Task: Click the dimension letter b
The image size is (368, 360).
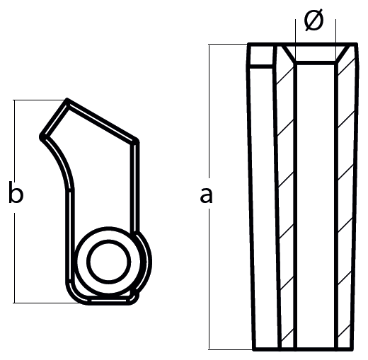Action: [x=16, y=192]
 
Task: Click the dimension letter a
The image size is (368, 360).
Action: [x=206, y=195]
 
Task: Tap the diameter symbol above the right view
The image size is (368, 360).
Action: [x=314, y=21]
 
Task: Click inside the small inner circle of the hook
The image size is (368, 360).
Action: [x=109, y=262]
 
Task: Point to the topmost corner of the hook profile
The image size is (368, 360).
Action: [x=67, y=100]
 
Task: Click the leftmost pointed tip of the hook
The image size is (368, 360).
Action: [x=40, y=137]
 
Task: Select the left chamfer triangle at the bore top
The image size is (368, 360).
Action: [x=288, y=53]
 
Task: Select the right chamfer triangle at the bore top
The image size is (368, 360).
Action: [x=343, y=53]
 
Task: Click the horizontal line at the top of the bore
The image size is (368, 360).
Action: [x=316, y=62]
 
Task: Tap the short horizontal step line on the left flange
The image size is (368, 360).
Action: [x=260, y=66]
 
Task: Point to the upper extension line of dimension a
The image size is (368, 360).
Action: [x=229, y=45]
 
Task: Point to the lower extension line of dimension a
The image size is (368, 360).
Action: [x=231, y=349]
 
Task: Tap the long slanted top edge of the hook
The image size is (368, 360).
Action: [x=102, y=120]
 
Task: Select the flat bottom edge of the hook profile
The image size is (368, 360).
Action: [x=108, y=302]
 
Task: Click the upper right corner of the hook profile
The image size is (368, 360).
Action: [x=137, y=141]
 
